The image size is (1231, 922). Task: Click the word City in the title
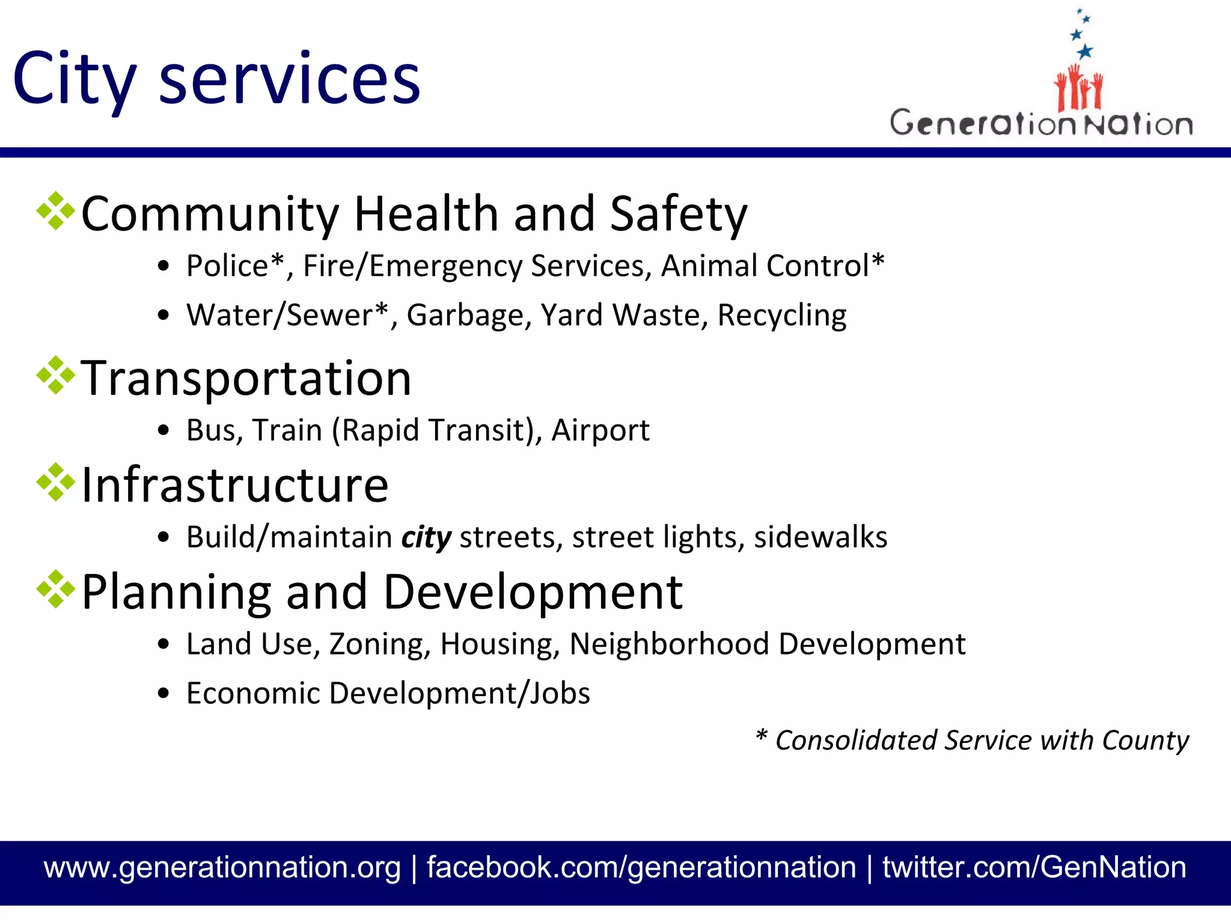(x=73, y=79)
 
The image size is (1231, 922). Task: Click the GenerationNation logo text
(x=1041, y=124)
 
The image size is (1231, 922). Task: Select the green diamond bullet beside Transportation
(x=56, y=376)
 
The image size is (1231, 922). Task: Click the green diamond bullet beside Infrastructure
(x=56, y=482)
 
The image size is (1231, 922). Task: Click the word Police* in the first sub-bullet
(x=235, y=266)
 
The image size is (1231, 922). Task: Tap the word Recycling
(x=781, y=316)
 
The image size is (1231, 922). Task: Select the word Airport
(x=600, y=430)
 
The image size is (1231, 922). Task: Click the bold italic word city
(x=426, y=537)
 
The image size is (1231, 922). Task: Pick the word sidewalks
(x=820, y=537)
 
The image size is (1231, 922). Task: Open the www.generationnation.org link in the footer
(x=222, y=867)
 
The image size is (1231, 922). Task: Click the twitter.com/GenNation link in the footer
(x=1034, y=867)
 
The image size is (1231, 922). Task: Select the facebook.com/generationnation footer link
(x=641, y=867)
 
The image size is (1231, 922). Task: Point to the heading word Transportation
(x=246, y=378)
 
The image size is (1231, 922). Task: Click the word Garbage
(x=465, y=316)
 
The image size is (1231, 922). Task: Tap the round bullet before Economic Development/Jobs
(x=163, y=693)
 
